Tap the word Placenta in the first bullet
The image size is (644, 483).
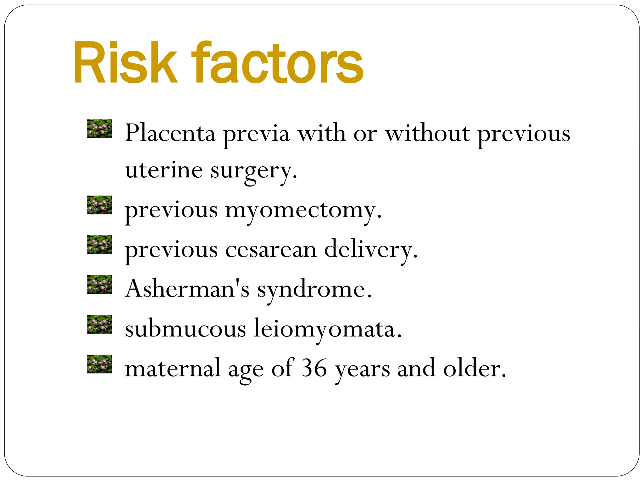click(x=170, y=133)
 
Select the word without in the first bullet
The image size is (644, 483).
click(x=428, y=133)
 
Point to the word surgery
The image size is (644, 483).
click(x=253, y=171)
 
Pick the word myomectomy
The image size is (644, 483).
click(x=303, y=211)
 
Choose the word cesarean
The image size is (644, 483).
click(x=271, y=250)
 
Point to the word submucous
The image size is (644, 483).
click(x=186, y=329)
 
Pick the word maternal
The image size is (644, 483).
click(x=173, y=368)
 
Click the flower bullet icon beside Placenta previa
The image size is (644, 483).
click(x=99, y=129)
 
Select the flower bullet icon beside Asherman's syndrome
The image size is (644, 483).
click(x=99, y=285)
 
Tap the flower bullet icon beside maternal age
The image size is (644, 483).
click(x=99, y=364)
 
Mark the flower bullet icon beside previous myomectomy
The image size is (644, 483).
click(x=99, y=205)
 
